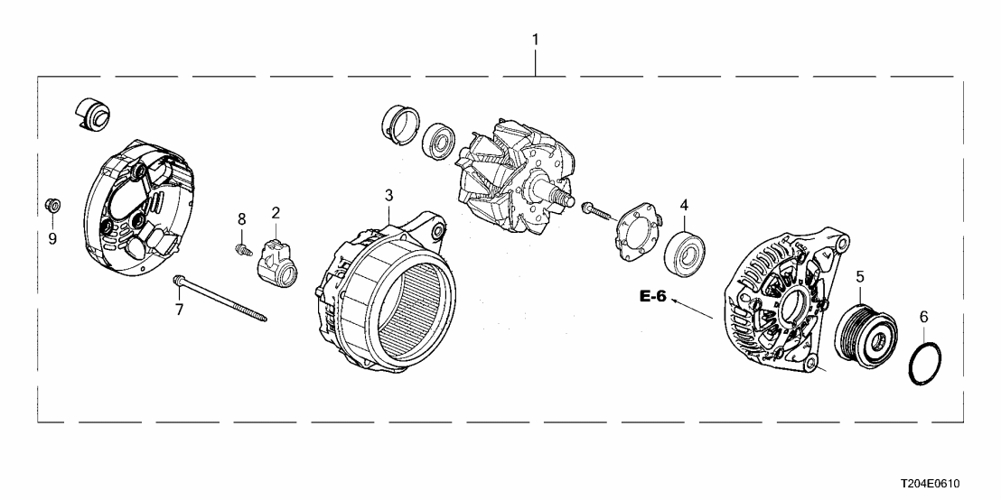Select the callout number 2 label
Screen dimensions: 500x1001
pos(276,213)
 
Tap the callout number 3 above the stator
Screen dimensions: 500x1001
pos(388,195)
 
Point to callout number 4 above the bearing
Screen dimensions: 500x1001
pos(684,205)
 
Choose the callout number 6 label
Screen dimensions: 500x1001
pos(923,317)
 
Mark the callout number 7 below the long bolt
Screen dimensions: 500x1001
pos(179,310)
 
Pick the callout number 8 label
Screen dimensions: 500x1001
pos(241,218)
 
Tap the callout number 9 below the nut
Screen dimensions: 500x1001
pos(52,238)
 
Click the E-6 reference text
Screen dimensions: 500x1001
pos(651,296)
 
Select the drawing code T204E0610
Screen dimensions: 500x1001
pos(941,485)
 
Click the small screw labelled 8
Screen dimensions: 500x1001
pos(240,246)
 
